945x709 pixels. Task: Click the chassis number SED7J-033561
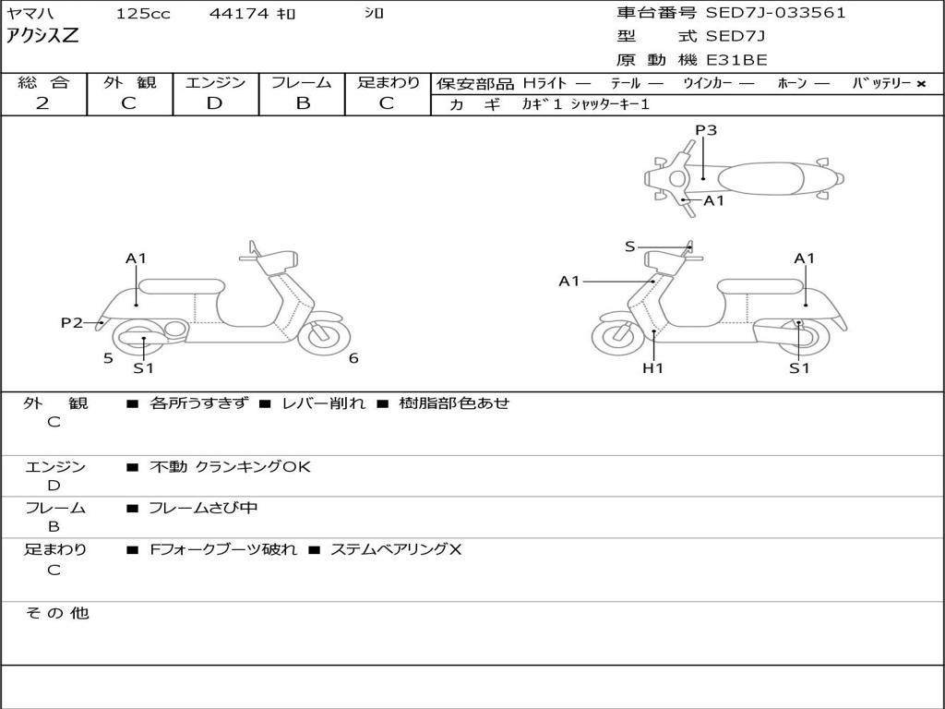(775, 13)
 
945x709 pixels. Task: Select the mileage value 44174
(239, 14)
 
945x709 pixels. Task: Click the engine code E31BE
(736, 60)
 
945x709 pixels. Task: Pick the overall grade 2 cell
(42, 103)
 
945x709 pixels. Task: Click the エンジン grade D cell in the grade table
(215, 103)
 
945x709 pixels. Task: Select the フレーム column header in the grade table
(302, 83)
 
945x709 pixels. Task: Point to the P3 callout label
(706, 130)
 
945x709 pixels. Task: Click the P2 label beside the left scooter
(72, 322)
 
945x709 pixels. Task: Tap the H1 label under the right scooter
(652, 368)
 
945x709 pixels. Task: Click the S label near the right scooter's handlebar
(629, 246)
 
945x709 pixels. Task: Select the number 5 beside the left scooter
(108, 358)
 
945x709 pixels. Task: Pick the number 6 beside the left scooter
(353, 358)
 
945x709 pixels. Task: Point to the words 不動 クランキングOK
(230, 467)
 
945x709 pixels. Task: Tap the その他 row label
(56, 613)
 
